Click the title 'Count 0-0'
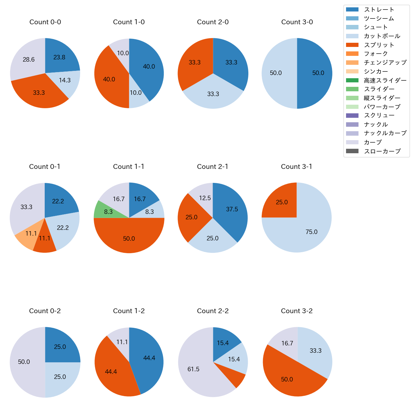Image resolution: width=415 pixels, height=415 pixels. point(45,22)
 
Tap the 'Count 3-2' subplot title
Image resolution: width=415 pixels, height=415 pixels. point(297,311)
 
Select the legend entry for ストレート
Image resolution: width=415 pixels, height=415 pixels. point(379,10)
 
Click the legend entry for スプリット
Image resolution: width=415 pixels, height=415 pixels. point(379,45)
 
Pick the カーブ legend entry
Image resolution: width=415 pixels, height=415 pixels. point(373,142)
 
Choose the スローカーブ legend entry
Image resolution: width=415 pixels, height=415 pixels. point(382,151)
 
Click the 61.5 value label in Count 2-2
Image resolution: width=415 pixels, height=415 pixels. point(193,369)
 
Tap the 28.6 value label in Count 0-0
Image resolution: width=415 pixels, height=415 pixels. point(29,60)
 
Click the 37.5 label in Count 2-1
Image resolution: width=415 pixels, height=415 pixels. point(232,209)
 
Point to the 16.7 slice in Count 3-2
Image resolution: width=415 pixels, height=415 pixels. point(285,342)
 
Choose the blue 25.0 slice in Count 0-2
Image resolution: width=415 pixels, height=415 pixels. point(61,346)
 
